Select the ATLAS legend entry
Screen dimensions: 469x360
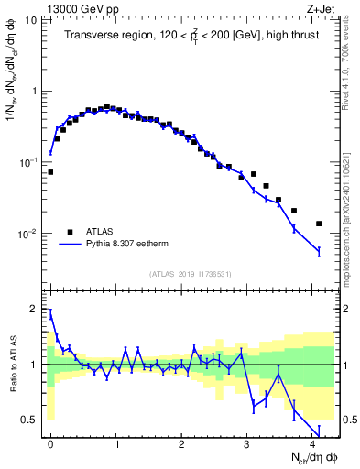pos(101,232)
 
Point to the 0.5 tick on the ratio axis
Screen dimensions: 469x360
pos(31,420)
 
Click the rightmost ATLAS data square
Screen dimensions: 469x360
pos(319,224)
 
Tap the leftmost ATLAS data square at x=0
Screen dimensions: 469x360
pos(50,172)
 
